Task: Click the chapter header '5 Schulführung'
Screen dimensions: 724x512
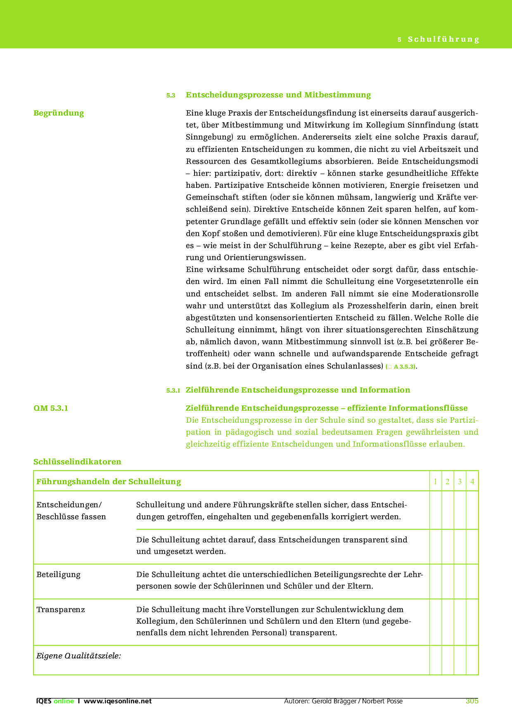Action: click(x=439, y=39)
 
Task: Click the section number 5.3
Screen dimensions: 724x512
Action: click(x=171, y=95)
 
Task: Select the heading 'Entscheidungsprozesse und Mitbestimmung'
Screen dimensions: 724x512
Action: click(x=278, y=95)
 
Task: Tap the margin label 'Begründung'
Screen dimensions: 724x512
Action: click(x=59, y=113)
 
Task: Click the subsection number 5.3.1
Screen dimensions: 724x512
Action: click(x=173, y=390)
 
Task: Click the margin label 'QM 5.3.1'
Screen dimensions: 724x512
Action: click(x=51, y=408)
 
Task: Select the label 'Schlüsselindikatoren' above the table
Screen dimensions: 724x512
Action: click(x=77, y=461)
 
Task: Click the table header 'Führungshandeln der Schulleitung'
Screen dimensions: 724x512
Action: click(x=109, y=481)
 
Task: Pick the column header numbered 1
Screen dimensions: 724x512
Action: click(x=435, y=481)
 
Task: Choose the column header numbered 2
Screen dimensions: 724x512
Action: click(x=448, y=481)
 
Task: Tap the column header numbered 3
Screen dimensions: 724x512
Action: click(x=460, y=481)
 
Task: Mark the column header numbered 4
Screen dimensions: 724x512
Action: click(x=472, y=481)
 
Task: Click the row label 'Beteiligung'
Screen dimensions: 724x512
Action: click(x=59, y=575)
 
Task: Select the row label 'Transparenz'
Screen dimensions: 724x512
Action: click(x=61, y=610)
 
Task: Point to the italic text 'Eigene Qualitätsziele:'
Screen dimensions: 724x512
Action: click(x=78, y=656)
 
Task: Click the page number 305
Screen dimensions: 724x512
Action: click(x=472, y=701)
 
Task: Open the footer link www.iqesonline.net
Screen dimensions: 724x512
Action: click(x=118, y=701)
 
